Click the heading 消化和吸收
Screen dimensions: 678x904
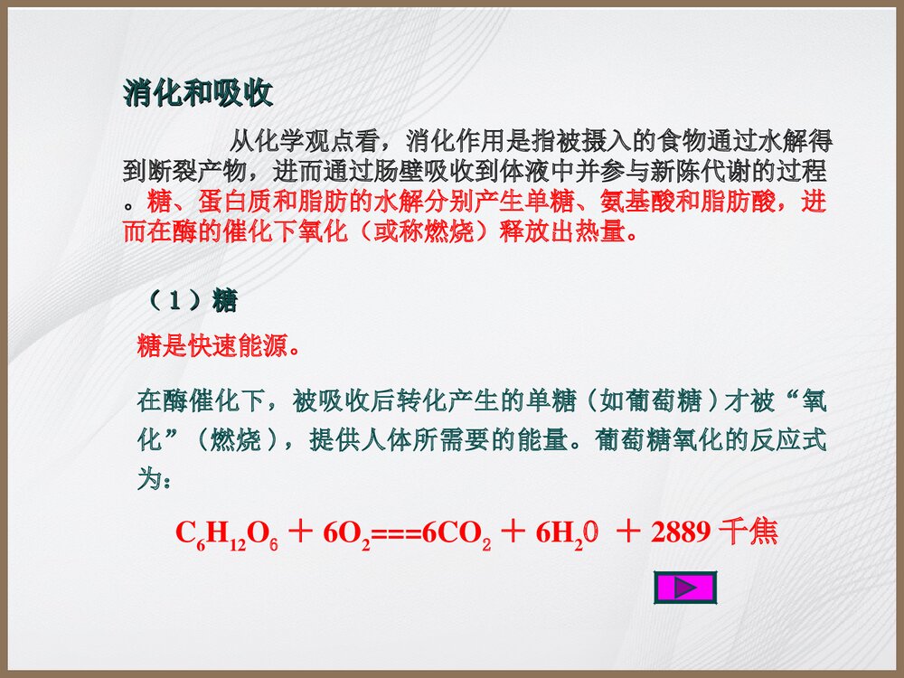coord(198,94)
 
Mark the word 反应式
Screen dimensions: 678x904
coord(793,440)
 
